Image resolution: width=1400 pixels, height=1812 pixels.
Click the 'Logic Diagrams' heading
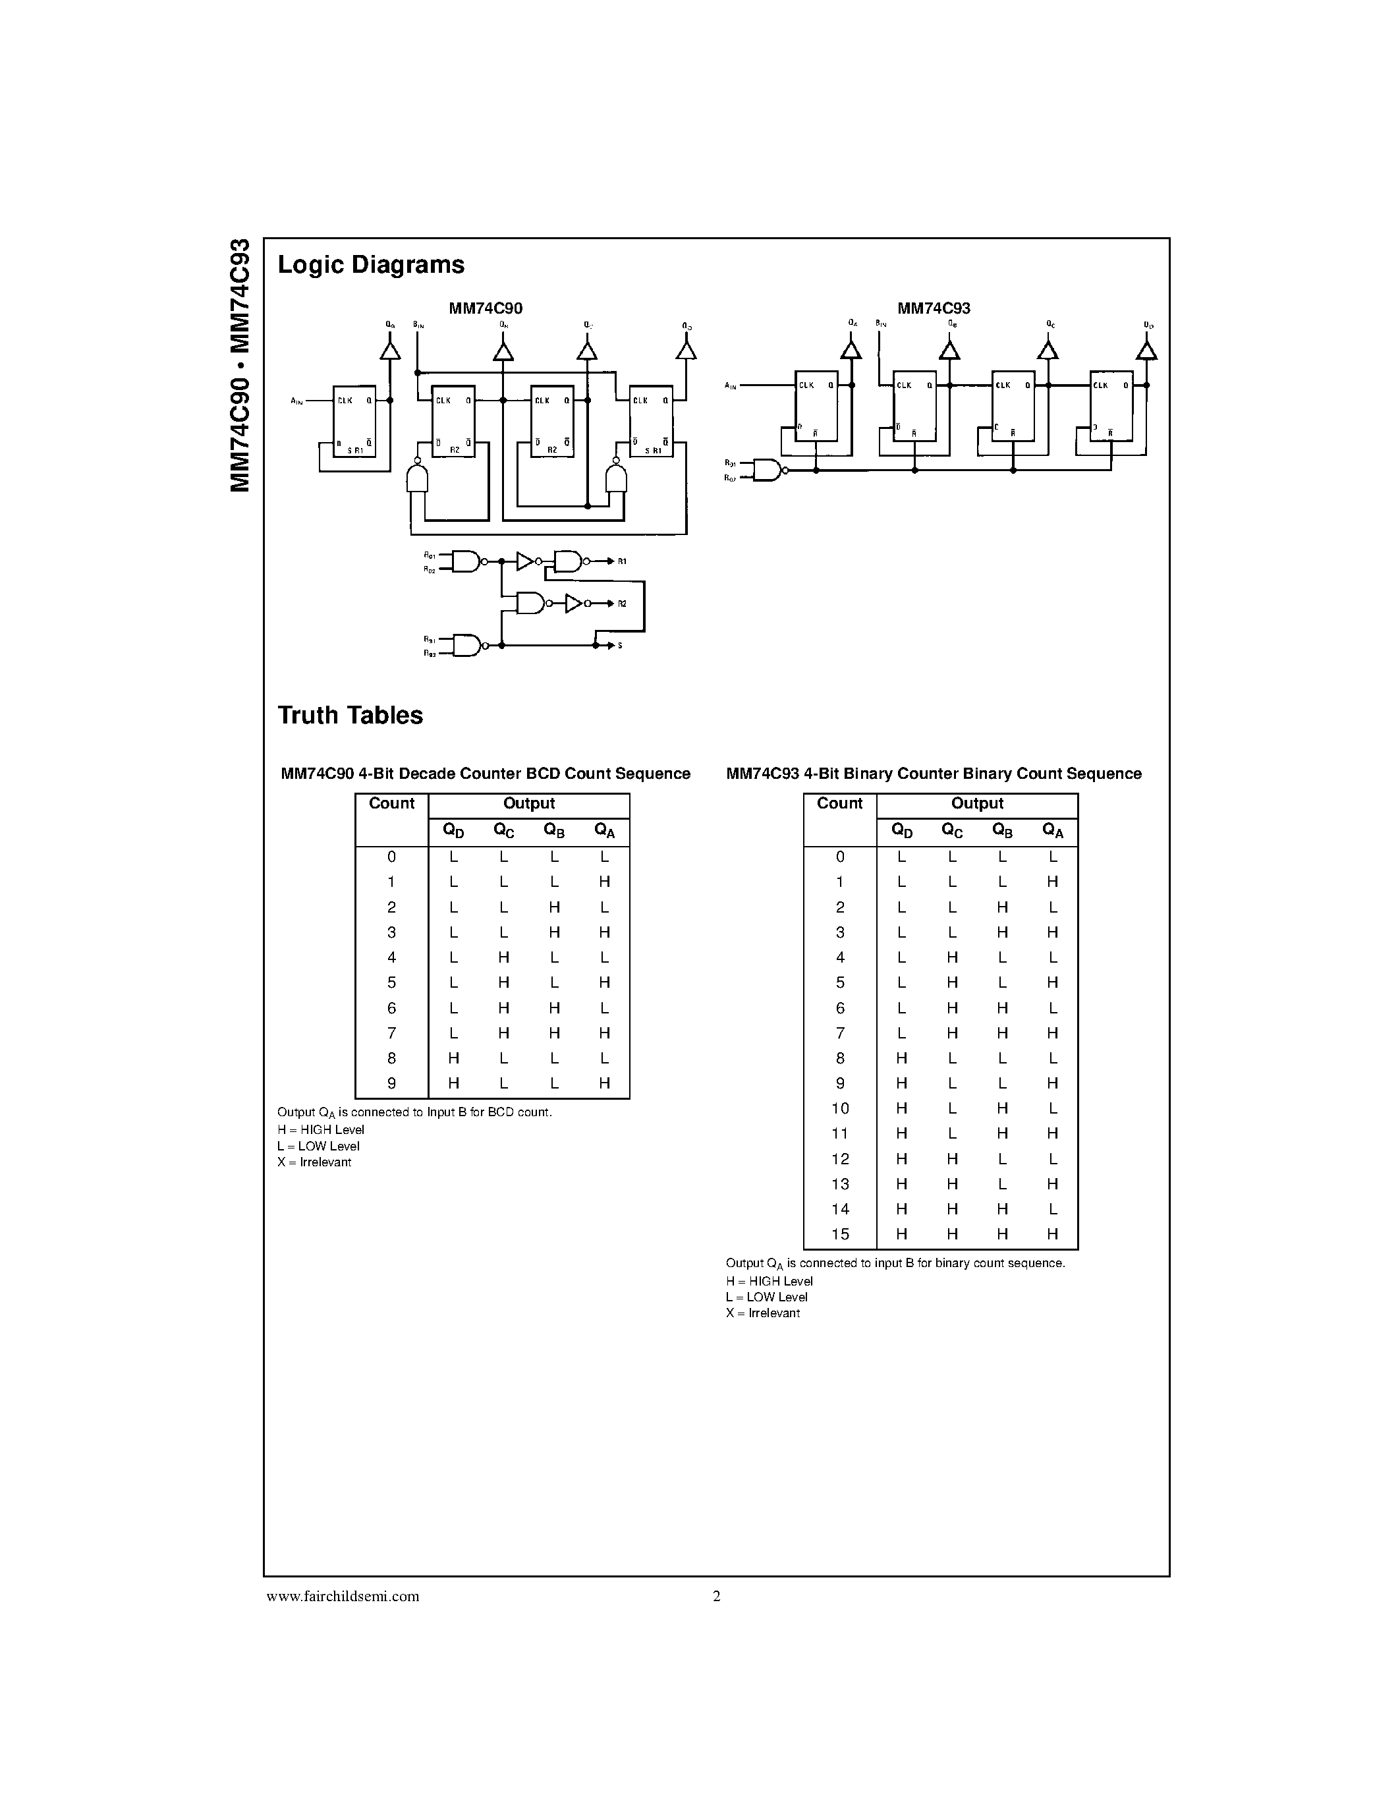(371, 265)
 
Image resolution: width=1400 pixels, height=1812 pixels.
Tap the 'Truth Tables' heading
(350, 715)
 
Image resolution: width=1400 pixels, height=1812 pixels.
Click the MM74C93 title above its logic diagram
(933, 308)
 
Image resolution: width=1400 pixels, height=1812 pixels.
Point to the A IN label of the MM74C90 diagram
(297, 401)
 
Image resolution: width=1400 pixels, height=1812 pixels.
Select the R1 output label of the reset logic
(622, 561)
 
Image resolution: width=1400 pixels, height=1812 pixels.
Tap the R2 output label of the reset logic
(622, 603)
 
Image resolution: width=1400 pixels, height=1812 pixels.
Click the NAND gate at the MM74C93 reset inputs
(767, 470)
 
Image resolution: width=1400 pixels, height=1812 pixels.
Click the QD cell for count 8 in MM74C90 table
(454, 1058)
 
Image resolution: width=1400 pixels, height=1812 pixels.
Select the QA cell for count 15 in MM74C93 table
(1053, 1233)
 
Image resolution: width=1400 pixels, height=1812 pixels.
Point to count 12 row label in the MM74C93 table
(840, 1158)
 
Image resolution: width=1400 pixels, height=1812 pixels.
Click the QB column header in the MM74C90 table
(554, 830)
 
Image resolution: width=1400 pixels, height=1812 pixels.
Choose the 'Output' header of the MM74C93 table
(977, 803)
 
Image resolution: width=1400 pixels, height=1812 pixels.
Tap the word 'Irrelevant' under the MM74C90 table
(325, 1162)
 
